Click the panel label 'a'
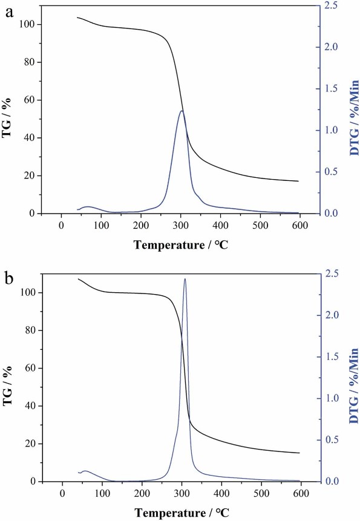pyautogui.click(x=8, y=13)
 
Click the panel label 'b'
pyautogui.click(x=8, y=281)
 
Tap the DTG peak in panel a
pyautogui.click(x=182, y=111)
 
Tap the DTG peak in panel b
pyautogui.click(x=185, y=279)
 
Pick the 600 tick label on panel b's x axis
pyautogui.click(x=301, y=493)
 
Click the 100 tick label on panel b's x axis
pyautogui.click(x=102, y=493)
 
